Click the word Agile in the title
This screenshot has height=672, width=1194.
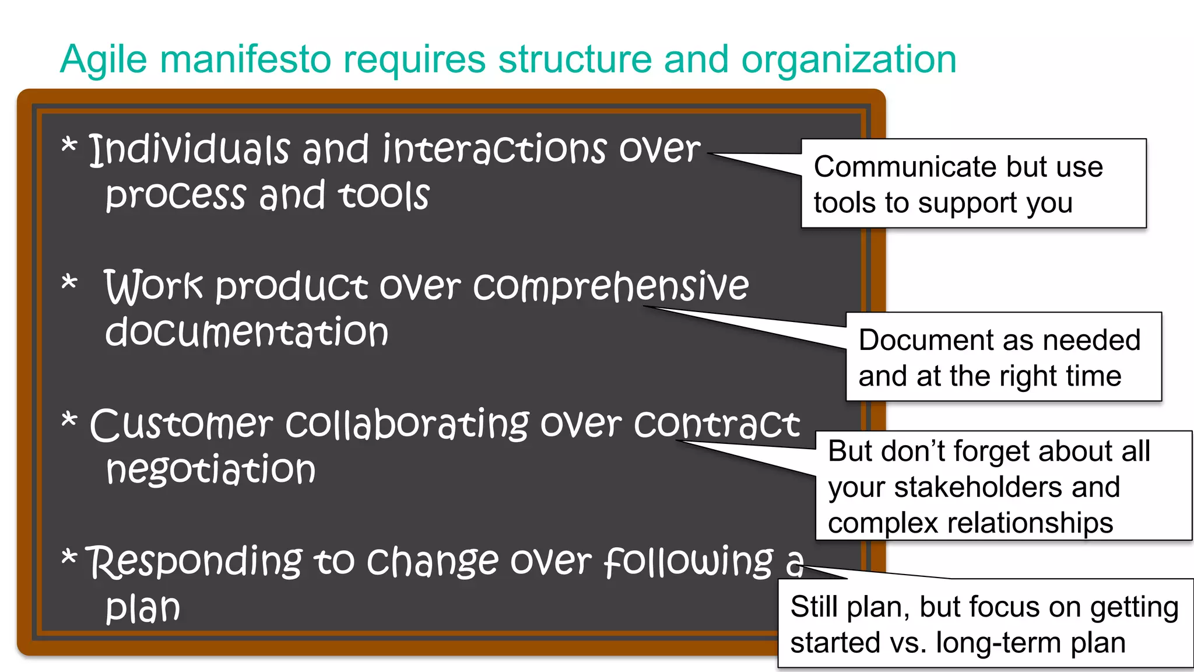click(x=103, y=60)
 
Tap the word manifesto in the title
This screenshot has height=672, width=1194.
click(x=245, y=60)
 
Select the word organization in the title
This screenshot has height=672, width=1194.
click(x=848, y=60)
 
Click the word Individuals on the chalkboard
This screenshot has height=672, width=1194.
click(x=189, y=149)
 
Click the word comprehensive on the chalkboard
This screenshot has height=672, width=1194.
click(x=610, y=287)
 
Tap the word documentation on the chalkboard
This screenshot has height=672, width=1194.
click(x=247, y=332)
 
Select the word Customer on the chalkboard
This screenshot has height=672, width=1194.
click(x=181, y=424)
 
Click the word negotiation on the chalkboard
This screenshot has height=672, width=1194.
click(x=210, y=470)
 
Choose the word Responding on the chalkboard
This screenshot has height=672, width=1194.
click(x=194, y=562)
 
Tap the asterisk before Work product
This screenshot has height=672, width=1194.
click(x=69, y=283)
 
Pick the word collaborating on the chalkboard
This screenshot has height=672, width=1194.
click(x=408, y=424)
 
